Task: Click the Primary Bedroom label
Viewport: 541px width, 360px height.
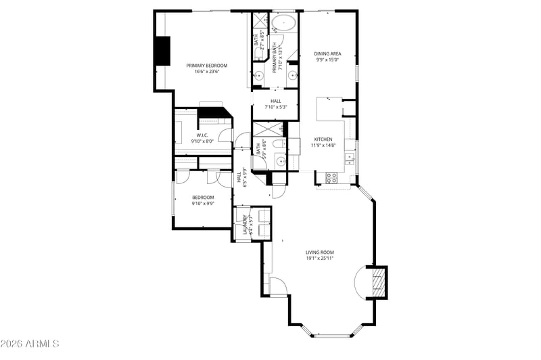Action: click(207, 66)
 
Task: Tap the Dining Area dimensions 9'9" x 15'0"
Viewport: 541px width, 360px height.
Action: click(327, 60)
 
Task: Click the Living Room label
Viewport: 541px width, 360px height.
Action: click(320, 252)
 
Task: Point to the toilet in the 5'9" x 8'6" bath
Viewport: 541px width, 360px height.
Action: click(269, 143)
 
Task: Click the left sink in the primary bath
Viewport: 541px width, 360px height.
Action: click(259, 75)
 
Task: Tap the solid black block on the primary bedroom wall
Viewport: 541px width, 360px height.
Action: click(162, 51)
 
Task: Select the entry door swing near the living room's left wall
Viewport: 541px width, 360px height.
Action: click(279, 286)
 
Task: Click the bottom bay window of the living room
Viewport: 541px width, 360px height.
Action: click(331, 335)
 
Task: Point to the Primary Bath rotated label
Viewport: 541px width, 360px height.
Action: click(276, 58)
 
